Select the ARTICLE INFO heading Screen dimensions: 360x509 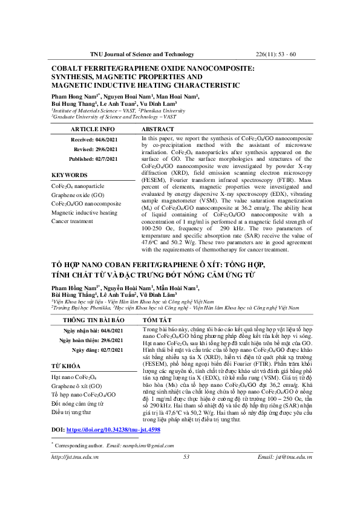(92, 129)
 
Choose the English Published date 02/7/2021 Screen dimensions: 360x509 (109, 158)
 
